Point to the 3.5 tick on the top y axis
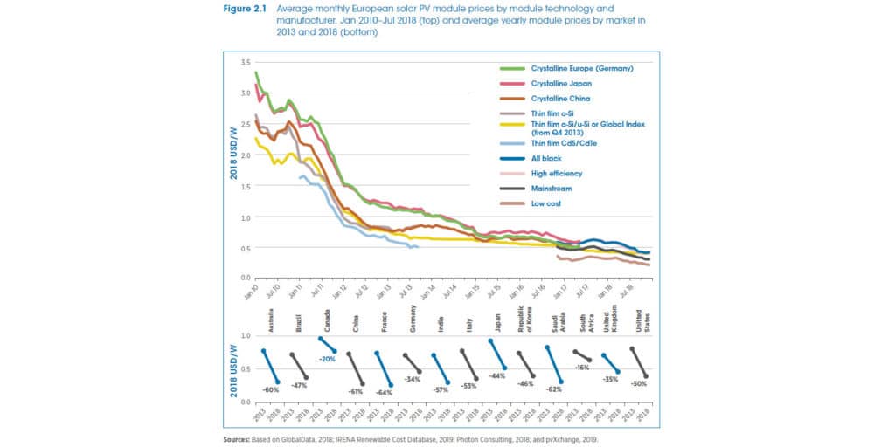(x=246, y=63)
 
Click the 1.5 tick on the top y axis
(x=246, y=187)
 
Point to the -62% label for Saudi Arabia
(x=555, y=390)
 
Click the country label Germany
(x=412, y=315)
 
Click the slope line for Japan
(x=498, y=354)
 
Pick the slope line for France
(x=385, y=368)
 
